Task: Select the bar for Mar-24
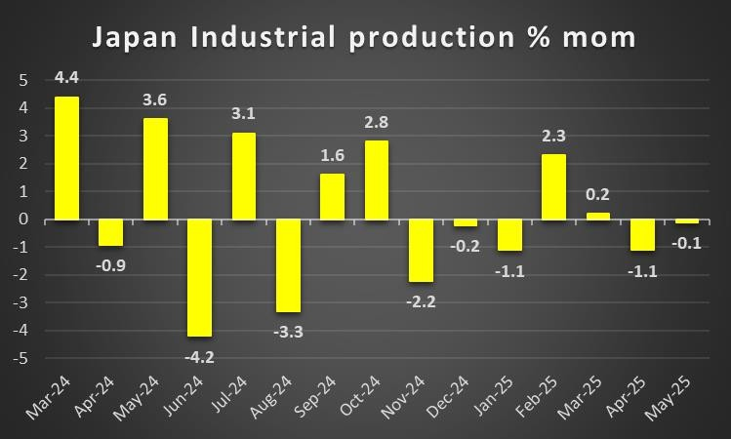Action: tap(66, 157)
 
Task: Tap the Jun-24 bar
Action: tap(200, 277)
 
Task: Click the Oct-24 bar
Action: tap(377, 180)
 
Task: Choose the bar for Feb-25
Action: tap(553, 186)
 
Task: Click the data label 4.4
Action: tap(66, 77)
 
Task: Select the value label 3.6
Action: tap(155, 100)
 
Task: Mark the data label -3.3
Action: tap(288, 332)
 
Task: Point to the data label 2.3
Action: tap(553, 136)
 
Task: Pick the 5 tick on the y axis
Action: tap(23, 80)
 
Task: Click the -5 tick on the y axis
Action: tap(20, 359)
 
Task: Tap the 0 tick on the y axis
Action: tap(23, 219)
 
